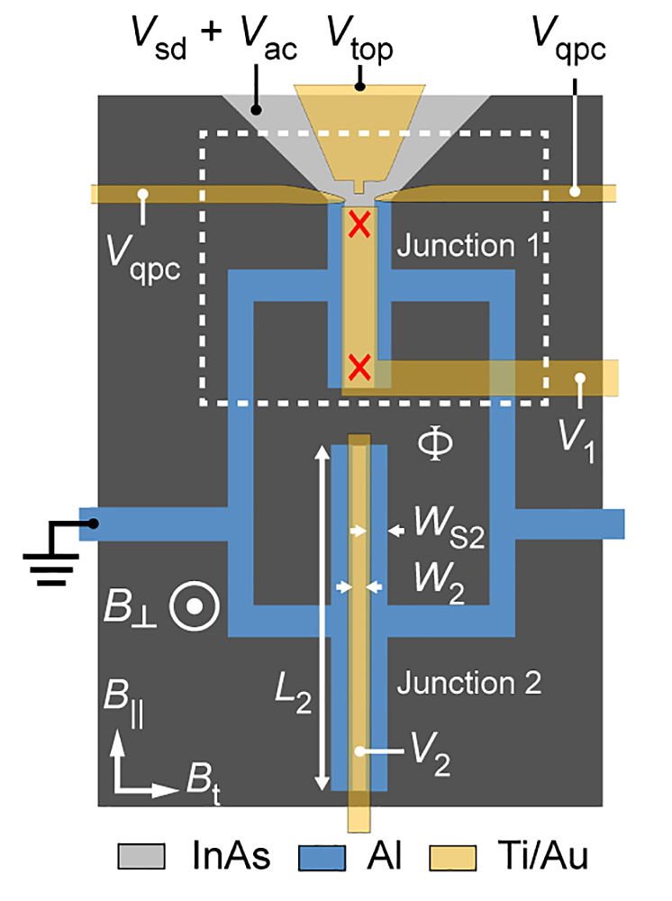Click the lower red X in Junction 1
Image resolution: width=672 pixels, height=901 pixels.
tap(359, 367)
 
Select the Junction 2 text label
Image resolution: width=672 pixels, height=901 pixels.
tap(468, 683)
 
